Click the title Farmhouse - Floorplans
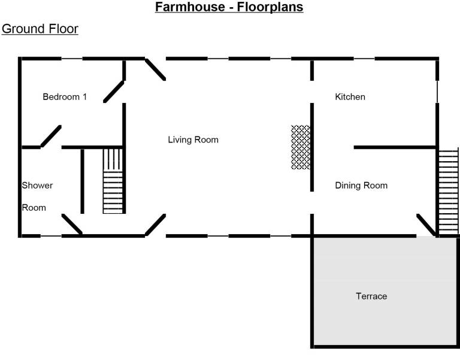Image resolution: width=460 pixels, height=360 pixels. [x=229, y=8]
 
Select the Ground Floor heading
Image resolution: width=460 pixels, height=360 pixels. [x=40, y=29]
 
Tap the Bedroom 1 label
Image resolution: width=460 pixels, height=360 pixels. [x=65, y=97]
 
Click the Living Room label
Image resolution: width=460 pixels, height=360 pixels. [x=193, y=140]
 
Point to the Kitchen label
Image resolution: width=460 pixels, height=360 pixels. [x=350, y=97]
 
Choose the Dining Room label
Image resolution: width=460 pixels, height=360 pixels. [x=361, y=186]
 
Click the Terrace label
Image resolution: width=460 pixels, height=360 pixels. [x=371, y=297]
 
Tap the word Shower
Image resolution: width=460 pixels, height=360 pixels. [x=37, y=186]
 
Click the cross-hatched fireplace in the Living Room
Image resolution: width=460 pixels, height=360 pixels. [x=300, y=147]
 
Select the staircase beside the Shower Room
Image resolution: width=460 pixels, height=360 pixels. [x=113, y=181]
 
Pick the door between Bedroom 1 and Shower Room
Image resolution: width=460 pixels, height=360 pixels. [x=51, y=136]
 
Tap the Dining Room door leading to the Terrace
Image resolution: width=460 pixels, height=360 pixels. [x=426, y=225]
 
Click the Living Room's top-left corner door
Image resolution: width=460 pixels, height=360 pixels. [x=155, y=69]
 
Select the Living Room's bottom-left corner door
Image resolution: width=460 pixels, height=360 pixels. [x=155, y=225]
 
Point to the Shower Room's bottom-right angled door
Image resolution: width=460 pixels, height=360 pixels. [x=72, y=225]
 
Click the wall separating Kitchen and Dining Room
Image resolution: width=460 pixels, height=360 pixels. [x=394, y=147]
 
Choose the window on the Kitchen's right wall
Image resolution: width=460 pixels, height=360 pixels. [x=437, y=93]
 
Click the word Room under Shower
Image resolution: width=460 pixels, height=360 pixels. [x=34, y=208]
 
